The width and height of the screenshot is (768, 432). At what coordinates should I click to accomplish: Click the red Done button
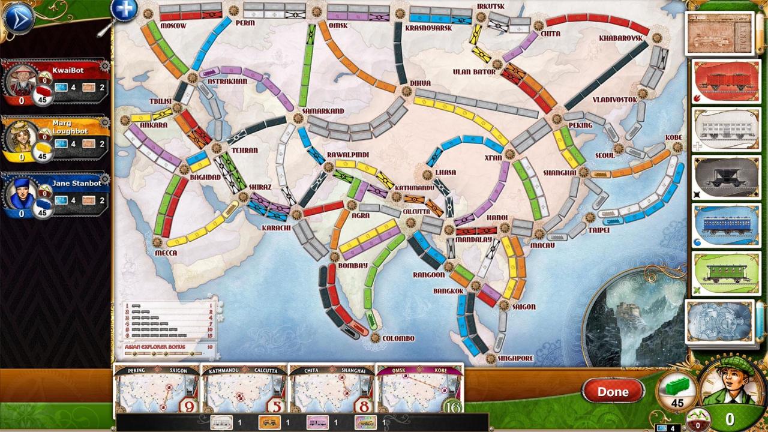[613, 392]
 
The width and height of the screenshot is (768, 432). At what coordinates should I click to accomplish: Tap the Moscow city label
[173, 26]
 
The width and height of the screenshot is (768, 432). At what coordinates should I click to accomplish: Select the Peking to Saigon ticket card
[157, 389]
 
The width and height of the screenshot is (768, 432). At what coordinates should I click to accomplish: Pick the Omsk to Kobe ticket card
[419, 389]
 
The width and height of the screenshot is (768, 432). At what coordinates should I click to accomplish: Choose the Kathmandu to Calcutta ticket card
[244, 389]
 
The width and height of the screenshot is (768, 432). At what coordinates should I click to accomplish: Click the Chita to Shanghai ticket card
[331, 389]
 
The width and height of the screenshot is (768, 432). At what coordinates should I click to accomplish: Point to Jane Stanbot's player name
[76, 184]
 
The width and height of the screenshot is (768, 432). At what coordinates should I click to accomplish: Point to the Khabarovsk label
[620, 38]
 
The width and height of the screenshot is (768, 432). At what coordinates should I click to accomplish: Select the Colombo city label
[398, 338]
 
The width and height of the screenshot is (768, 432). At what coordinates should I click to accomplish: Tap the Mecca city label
[166, 253]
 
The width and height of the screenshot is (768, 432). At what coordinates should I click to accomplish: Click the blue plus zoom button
[124, 10]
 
